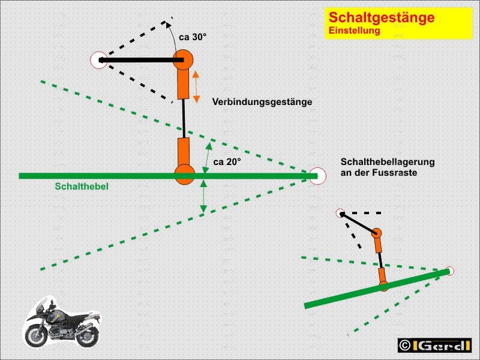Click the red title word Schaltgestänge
tap(382, 17)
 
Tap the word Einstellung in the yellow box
tap(355, 31)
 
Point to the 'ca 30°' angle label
tap(193, 37)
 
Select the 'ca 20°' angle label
tap(227, 162)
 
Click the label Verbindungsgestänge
tap(262, 101)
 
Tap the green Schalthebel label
tap(82, 186)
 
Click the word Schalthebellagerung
tap(388, 161)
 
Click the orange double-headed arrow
tap(196, 86)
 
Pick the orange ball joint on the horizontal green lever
tap(185, 175)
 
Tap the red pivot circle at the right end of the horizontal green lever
tap(317, 176)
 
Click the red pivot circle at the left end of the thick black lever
tap(99, 60)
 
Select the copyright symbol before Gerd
tap(404, 346)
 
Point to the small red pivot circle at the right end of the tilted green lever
tap(449, 271)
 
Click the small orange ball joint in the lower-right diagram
tap(376, 233)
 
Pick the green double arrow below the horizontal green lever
tap(203, 196)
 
